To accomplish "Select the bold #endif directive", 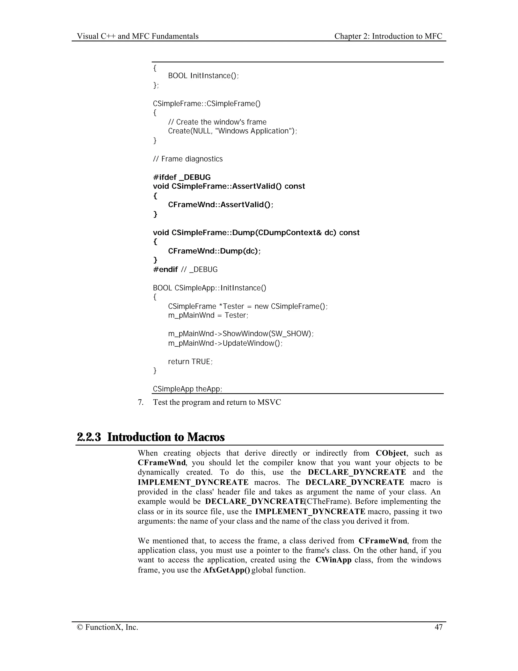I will click(x=165, y=269).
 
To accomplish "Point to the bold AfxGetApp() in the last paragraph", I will click(x=226, y=570).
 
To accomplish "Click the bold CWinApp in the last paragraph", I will click(x=333, y=560).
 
